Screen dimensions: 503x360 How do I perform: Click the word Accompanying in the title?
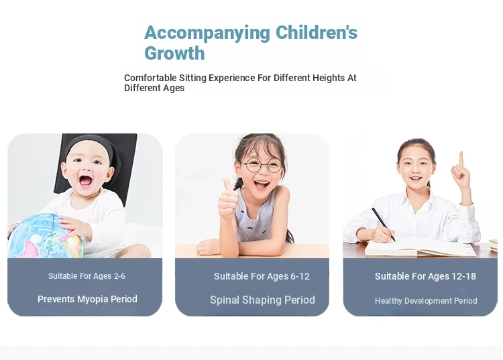207,34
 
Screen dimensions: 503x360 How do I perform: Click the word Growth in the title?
174,53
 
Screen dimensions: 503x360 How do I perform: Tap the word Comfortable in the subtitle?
150,78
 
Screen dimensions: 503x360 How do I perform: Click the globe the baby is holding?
45,236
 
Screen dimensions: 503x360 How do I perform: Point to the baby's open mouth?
85,181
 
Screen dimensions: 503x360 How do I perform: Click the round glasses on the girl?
262,165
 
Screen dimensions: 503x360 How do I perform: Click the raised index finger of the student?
461,158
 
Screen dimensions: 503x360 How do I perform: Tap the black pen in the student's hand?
384,224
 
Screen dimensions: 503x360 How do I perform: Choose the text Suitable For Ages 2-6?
87,276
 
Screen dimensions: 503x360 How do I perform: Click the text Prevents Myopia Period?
87,299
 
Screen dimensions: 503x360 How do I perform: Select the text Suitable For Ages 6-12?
262,276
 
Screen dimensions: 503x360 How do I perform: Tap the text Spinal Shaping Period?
262,300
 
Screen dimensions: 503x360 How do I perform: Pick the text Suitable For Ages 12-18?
425,276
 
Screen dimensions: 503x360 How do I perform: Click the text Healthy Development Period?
426,301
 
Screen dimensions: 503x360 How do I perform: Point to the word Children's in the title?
317,32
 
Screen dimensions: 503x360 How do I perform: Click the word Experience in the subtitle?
236,78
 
